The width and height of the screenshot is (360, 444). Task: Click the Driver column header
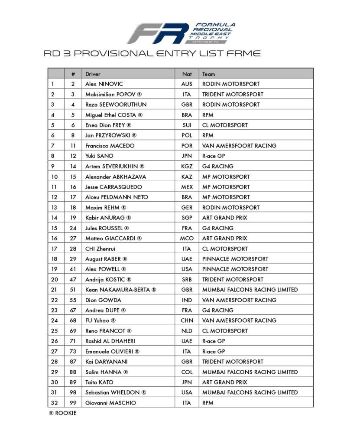tap(93, 74)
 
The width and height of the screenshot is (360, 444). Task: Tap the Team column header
tap(208, 74)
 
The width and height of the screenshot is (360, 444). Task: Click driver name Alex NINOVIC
tap(104, 84)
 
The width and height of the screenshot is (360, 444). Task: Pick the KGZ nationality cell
tap(187, 166)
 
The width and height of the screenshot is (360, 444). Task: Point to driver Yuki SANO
tap(99, 156)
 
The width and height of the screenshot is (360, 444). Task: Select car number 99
tap(73, 403)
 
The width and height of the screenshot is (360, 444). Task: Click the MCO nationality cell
tap(187, 238)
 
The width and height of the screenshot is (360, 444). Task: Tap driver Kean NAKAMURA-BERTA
tap(120, 290)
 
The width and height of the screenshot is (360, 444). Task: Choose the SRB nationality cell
tap(187, 279)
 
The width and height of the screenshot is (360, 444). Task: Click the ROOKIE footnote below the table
tap(62, 413)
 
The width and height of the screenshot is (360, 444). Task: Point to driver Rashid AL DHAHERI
tap(110, 341)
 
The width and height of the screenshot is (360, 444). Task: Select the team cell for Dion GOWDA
tap(239, 300)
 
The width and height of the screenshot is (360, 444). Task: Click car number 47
tap(73, 279)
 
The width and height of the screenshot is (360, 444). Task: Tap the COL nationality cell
tap(187, 372)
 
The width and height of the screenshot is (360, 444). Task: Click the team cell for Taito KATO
tap(224, 382)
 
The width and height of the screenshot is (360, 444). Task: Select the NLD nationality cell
tap(187, 331)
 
